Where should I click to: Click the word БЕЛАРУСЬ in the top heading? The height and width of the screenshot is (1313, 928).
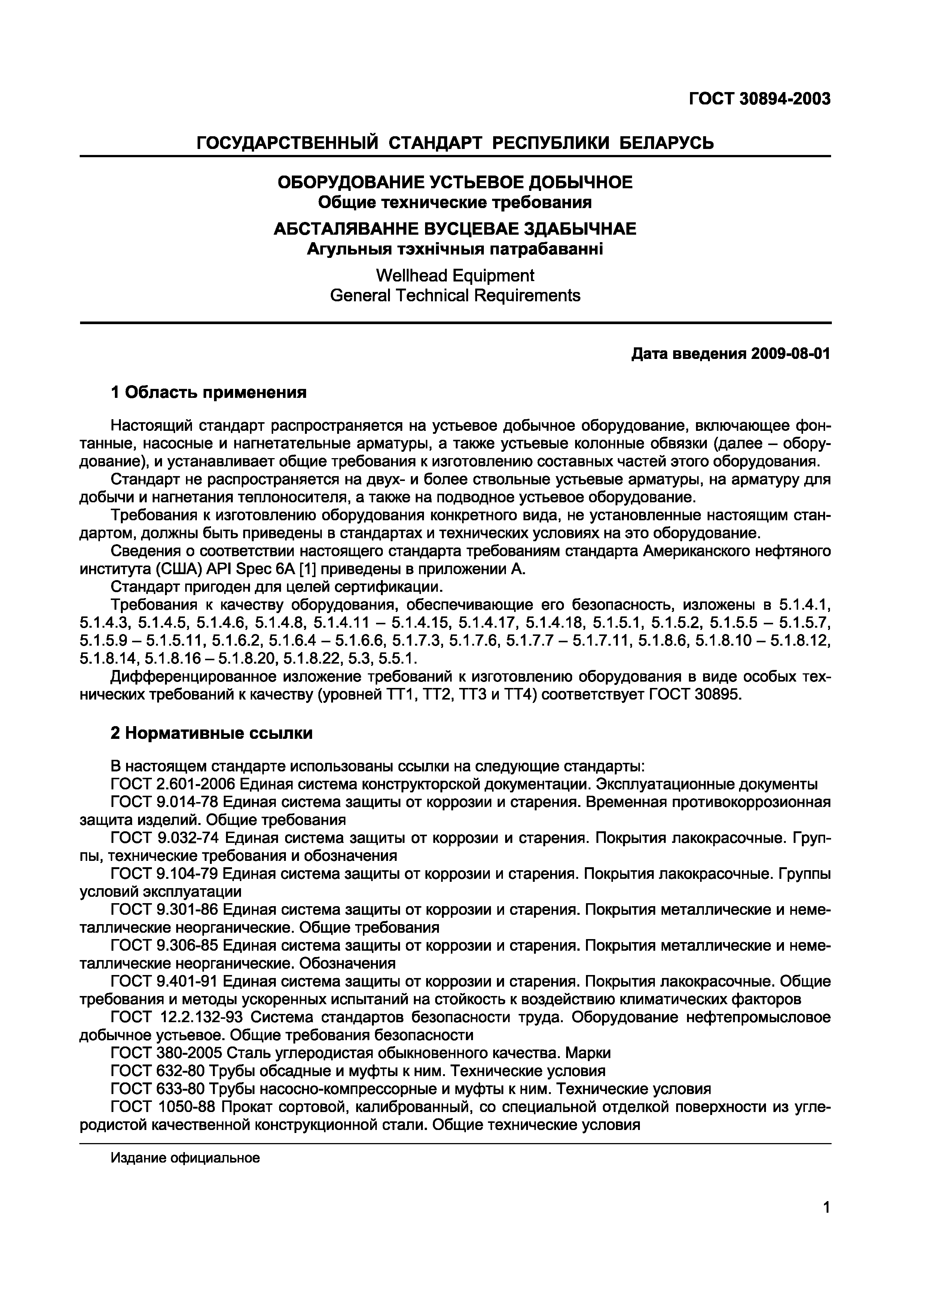coord(667,142)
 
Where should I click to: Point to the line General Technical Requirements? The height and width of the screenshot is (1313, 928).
coord(455,296)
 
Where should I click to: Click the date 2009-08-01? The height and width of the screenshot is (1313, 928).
coord(790,354)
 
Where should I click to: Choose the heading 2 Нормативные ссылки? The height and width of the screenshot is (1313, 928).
coord(211,733)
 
